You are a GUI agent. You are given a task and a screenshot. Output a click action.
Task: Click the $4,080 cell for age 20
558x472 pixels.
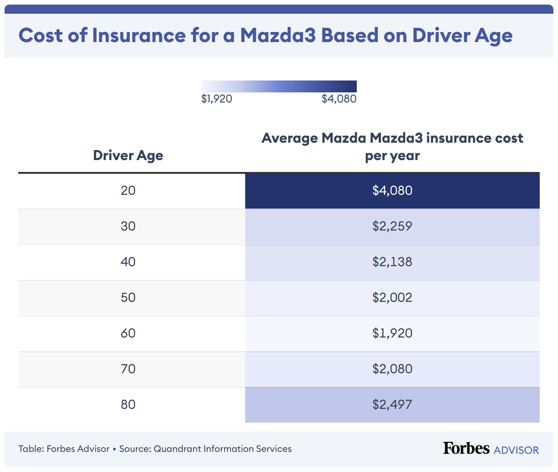click(x=392, y=190)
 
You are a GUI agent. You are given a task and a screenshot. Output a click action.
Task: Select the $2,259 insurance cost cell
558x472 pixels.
click(x=392, y=226)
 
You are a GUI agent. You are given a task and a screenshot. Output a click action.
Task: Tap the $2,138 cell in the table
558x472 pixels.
click(x=392, y=262)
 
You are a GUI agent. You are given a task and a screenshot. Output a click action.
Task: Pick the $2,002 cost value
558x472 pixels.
click(x=392, y=297)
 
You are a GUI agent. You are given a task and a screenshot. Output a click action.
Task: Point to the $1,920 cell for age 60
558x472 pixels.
click(x=392, y=333)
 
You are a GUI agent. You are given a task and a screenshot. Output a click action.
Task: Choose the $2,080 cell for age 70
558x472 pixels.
click(x=392, y=369)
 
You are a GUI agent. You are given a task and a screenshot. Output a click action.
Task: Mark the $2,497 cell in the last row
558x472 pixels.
click(x=392, y=404)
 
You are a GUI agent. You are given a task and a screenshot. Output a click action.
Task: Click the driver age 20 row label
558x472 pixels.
click(x=128, y=190)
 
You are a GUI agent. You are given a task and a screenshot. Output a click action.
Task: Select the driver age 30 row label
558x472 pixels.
click(x=128, y=226)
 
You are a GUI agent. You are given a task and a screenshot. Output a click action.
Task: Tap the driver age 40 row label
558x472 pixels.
click(x=128, y=262)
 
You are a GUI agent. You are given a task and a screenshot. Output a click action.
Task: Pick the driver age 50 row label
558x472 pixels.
click(x=128, y=297)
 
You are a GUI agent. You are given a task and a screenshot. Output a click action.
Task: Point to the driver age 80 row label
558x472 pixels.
click(x=128, y=404)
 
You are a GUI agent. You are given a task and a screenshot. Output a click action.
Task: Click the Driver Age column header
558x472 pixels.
click(x=128, y=156)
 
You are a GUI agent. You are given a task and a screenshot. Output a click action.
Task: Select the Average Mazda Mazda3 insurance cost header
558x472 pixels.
click(x=392, y=147)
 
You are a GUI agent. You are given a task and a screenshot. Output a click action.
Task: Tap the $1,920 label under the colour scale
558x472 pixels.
click(x=217, y=99)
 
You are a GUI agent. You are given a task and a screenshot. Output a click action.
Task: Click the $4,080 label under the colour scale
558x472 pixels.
click(x=339, y=99)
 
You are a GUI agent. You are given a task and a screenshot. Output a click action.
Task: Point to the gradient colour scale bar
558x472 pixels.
click(x=279, y=86)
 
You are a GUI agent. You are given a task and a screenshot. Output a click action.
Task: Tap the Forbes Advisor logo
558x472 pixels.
click(x=491, y=449)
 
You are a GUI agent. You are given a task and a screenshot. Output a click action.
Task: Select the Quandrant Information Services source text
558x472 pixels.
click(x=222, y=449)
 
